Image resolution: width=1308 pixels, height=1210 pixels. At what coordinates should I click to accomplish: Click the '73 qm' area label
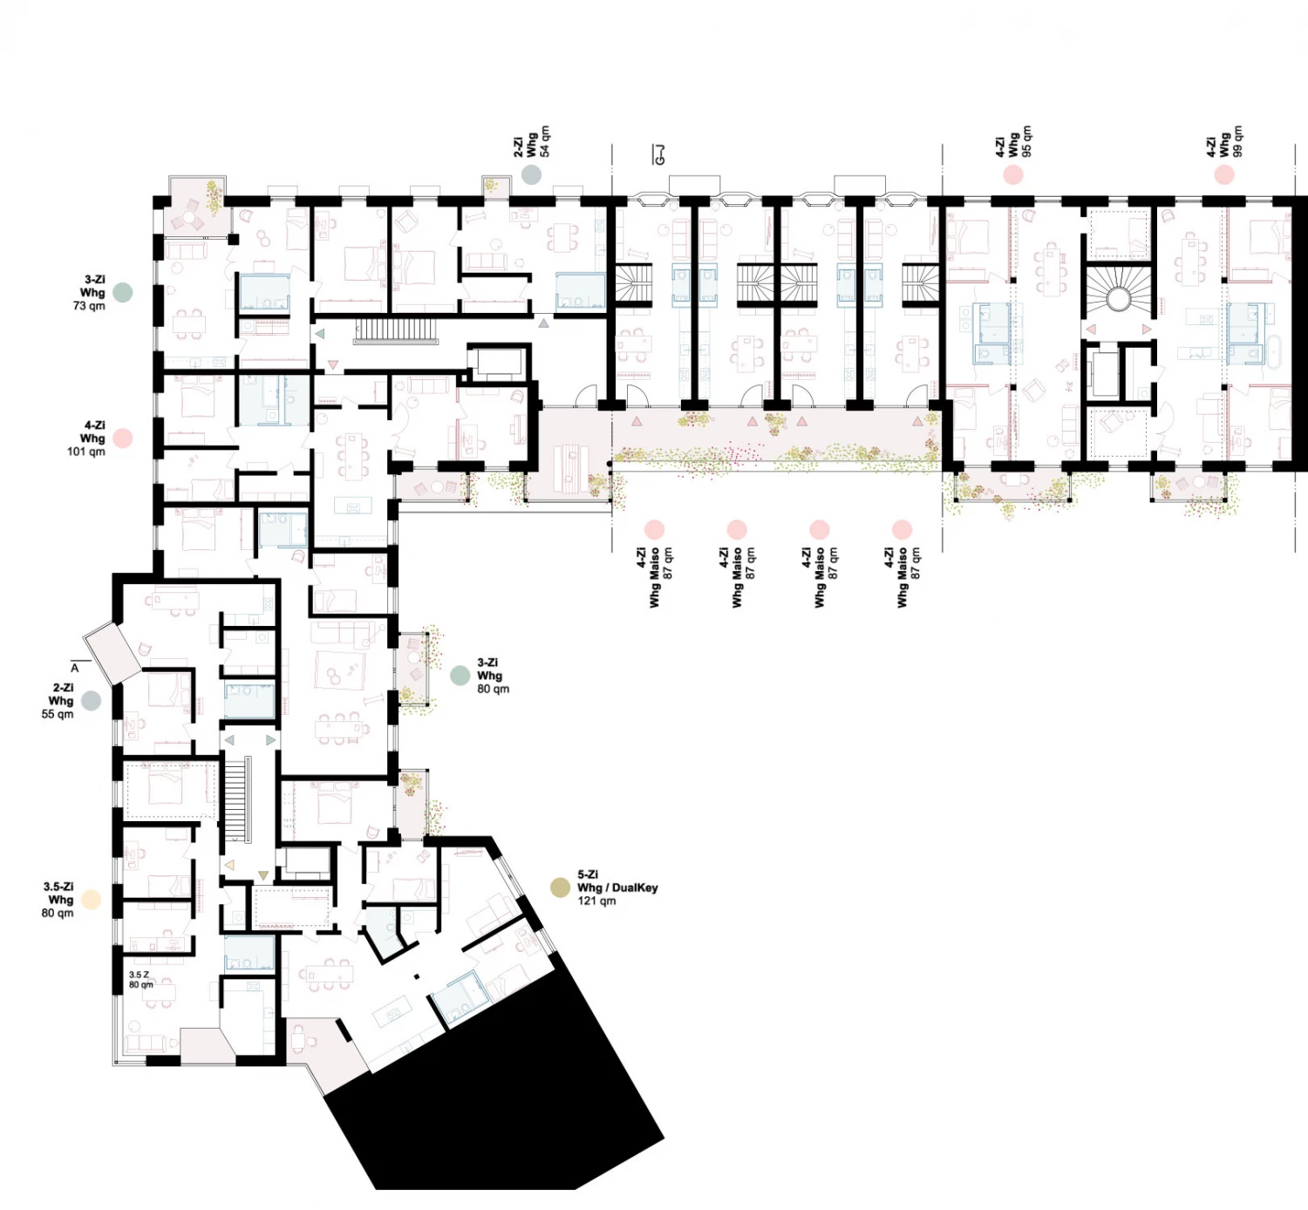tap(89, 306)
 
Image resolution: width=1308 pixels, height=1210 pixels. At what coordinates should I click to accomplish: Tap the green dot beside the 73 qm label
tap(122, 292)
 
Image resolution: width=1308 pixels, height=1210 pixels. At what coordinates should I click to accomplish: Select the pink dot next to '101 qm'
tap(122, 438)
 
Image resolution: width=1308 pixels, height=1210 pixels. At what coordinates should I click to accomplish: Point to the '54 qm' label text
tap(545, 141)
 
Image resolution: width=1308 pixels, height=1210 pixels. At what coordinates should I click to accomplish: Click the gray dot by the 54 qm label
tap(532, 174)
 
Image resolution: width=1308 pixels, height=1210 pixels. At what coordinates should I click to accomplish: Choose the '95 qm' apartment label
tap(1026, 141)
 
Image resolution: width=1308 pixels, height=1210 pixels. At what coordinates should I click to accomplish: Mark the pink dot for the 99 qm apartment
tap(1224, 174)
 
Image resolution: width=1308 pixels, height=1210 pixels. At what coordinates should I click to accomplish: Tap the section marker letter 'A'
tap(74, 668)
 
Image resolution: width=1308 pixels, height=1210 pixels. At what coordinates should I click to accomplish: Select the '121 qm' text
tap(596, 901)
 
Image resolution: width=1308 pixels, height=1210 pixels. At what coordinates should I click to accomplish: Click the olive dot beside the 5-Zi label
tap(560, 887)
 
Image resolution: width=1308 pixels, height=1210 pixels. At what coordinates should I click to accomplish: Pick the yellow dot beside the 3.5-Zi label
tap(91, 900)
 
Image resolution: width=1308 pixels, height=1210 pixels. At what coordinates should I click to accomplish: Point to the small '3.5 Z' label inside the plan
tap(139, 975)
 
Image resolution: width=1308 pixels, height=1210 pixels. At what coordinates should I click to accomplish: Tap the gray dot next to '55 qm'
tap(91, 701)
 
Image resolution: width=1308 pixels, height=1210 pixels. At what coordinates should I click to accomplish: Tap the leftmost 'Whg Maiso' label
tap(655, 577)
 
